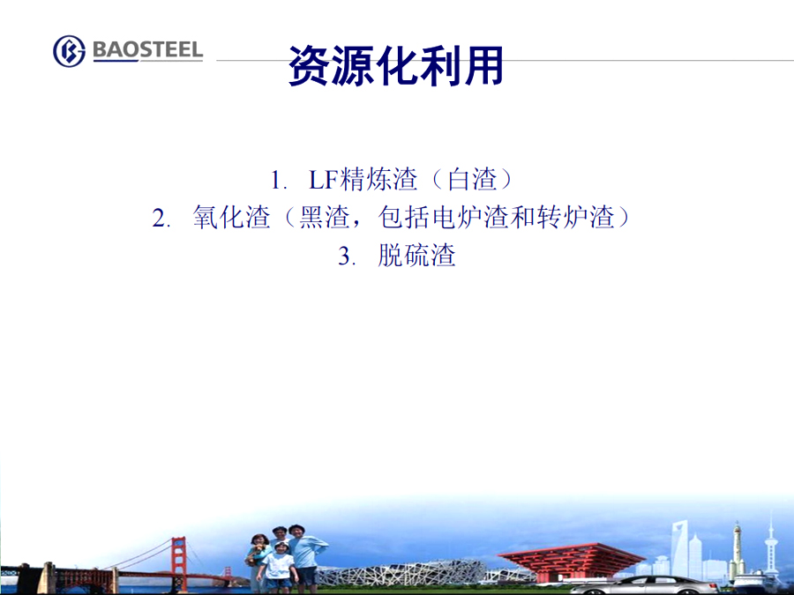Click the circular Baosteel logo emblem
point(70,51)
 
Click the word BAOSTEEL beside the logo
point(148,49)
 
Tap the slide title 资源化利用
point(395,65)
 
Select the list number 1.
point(279,181)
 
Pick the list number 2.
point(161,219)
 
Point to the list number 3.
point(347,256)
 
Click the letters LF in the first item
point(324,180)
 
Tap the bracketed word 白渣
point(472,179)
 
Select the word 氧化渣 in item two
point(231,218)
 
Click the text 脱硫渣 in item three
point(416,255)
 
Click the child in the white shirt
point(278,567)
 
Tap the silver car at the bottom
point(644,585)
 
